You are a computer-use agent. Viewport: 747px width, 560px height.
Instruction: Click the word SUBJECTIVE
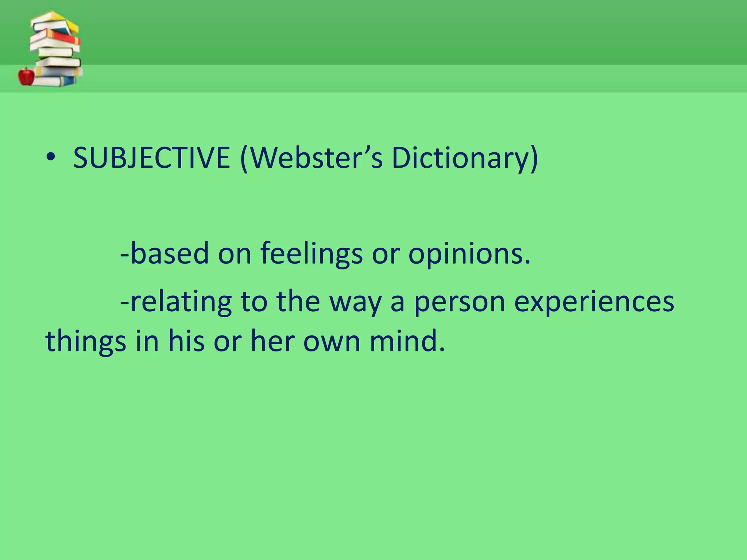[151, 158]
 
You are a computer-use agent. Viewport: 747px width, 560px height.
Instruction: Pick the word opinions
[469, 254]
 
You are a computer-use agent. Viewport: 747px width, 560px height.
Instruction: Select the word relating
[181, 303]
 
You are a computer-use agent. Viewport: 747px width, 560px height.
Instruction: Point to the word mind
[407, 341]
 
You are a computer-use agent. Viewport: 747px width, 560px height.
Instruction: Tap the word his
[186, 341]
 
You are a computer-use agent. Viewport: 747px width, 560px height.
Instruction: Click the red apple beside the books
[26, 76]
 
